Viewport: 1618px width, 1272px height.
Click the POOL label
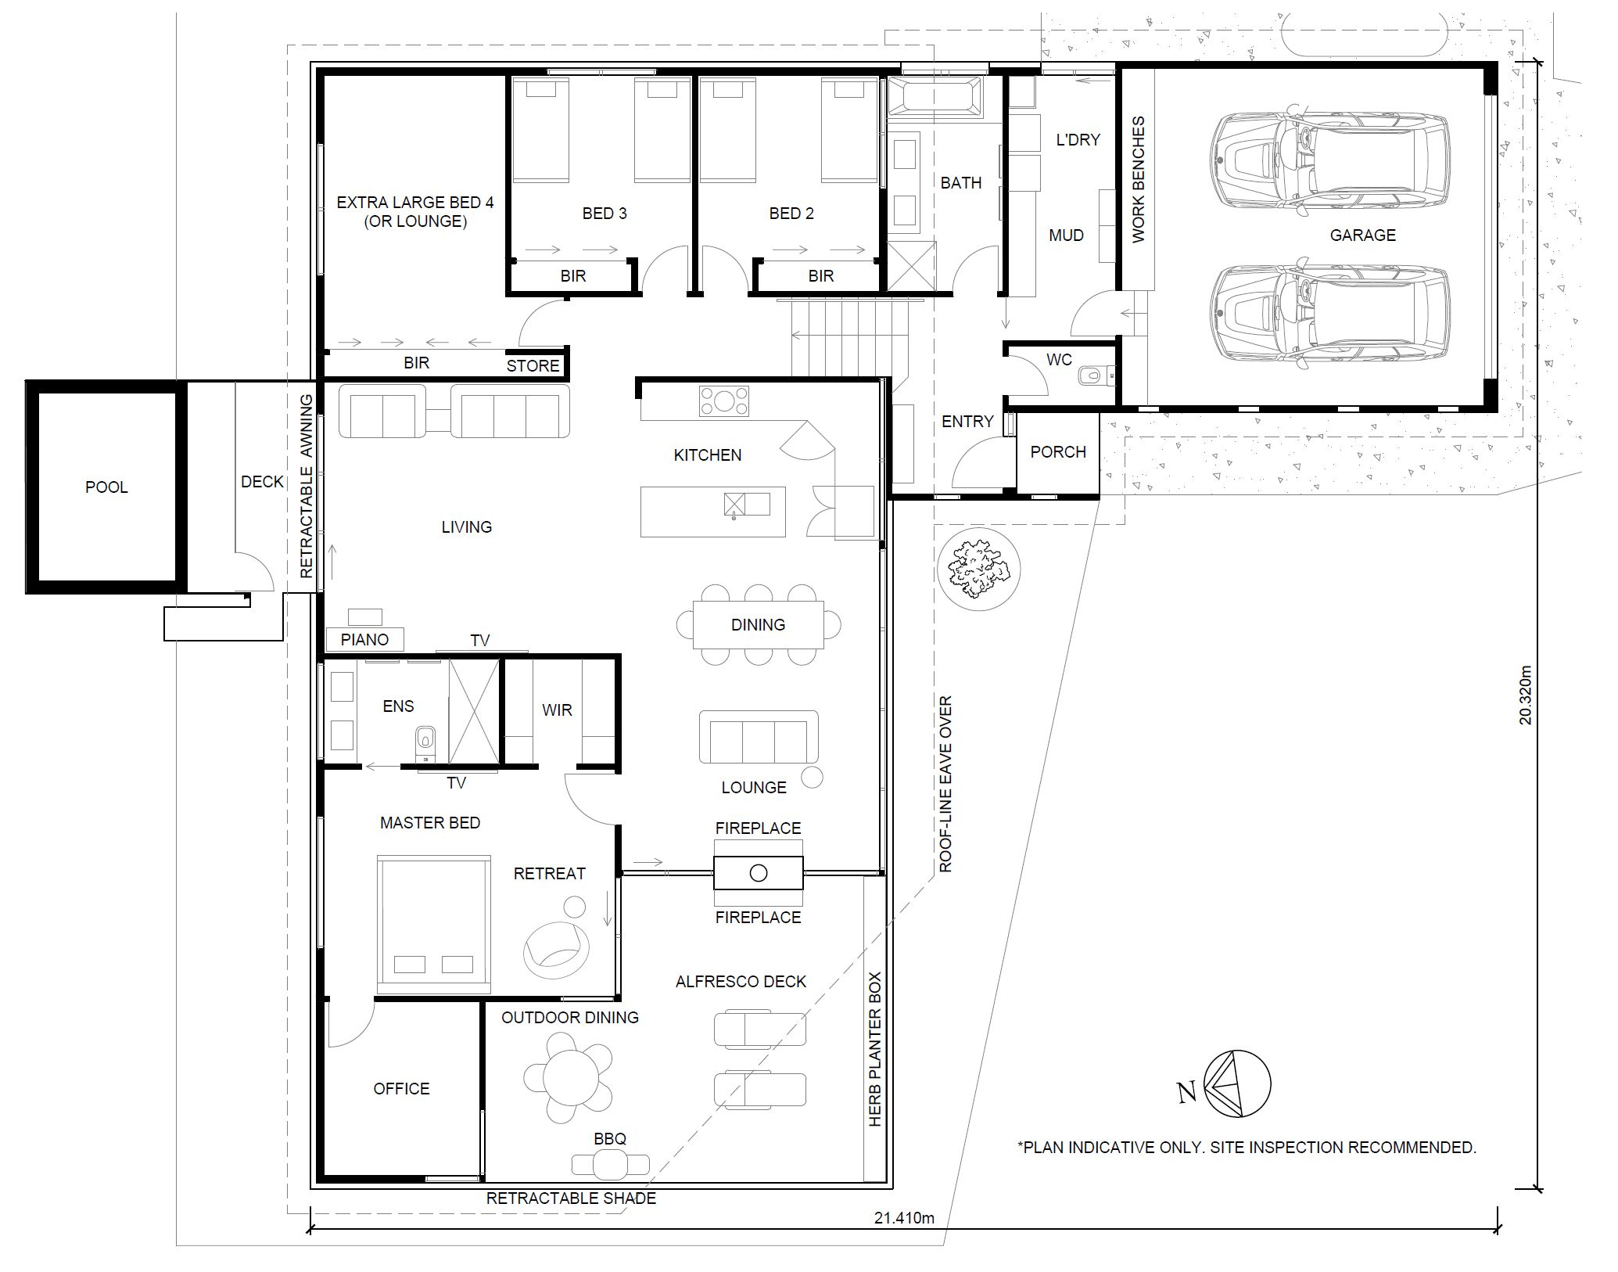106,487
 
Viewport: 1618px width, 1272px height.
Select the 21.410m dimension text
905,1218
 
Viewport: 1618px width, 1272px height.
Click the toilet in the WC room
1093,376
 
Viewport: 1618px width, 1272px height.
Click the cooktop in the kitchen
723,401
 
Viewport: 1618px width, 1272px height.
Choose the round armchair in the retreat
555,948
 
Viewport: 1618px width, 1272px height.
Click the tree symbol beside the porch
978,568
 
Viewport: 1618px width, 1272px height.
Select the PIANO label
364,640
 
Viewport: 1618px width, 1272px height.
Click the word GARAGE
1362,235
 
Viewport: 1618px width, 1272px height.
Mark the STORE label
533,365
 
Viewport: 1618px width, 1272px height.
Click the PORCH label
1058,452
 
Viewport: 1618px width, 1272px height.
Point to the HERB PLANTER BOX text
875,1049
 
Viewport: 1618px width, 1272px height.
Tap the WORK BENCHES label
1139,180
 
